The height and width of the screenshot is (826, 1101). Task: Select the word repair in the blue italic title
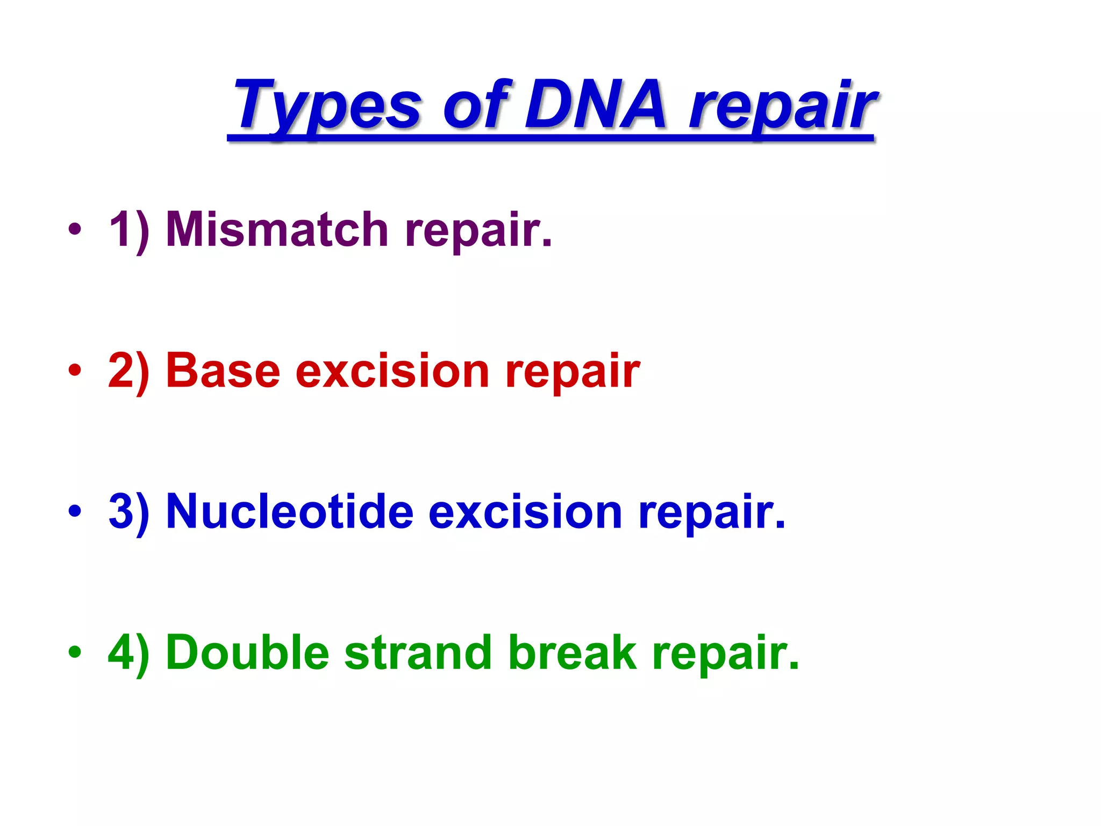pos(782,108)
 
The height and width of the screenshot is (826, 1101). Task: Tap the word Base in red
pos(223,371)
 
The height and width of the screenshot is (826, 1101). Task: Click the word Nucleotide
pos(290,511)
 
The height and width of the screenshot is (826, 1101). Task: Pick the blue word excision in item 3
pos(525,511)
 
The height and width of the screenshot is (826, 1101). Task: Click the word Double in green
pos(247,652)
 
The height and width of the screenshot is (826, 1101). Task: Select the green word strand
pos(418,652)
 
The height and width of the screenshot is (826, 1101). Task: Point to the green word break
pos(572,652)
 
